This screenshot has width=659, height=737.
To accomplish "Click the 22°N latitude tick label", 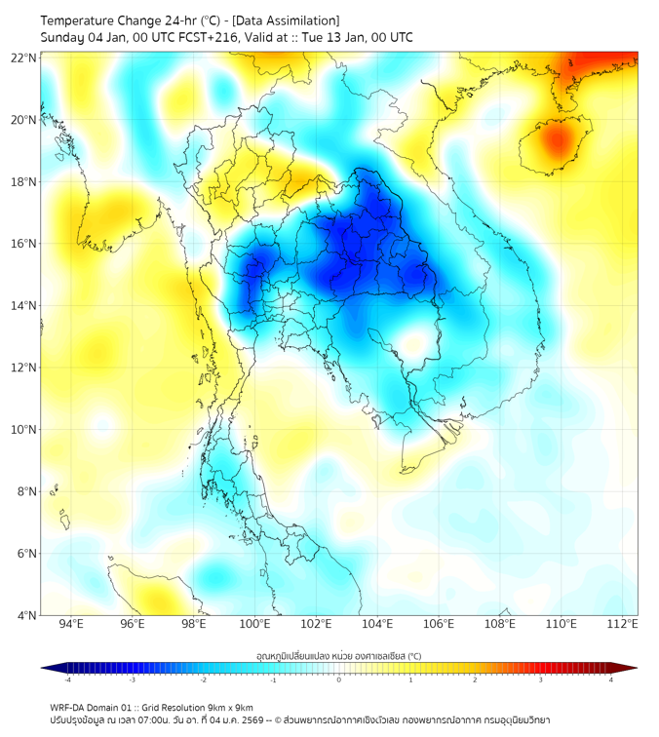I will [24, 58].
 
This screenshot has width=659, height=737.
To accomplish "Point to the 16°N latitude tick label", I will [24, 244].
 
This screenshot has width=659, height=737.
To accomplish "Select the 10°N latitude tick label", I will [24, 430].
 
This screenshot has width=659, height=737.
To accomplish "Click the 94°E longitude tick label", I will [71, 624].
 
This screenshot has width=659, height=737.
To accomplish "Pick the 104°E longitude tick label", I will [377, 624].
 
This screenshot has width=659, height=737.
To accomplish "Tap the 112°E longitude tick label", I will [622, 624].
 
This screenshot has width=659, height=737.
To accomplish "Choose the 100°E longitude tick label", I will [254, 624].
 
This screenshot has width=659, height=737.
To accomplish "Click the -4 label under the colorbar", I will [66, 679].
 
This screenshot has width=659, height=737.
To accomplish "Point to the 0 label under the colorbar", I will [339, 679].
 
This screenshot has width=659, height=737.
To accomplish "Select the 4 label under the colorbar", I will [611, 679].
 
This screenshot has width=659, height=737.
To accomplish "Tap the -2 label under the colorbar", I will [202, 679].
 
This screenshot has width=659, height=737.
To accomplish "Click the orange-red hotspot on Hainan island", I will [556, 142].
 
